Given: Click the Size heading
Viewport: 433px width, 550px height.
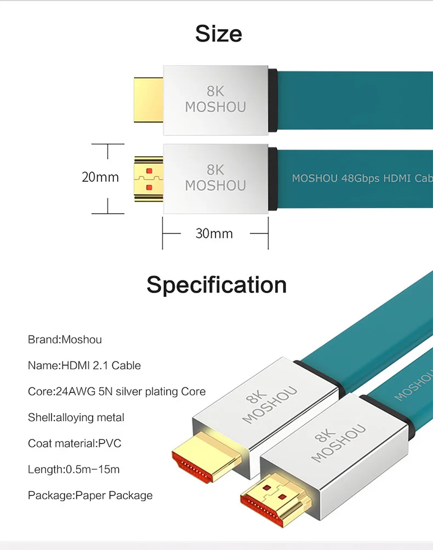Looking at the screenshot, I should pos(218,34).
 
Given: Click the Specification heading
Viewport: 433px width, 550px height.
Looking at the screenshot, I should pos(216,285).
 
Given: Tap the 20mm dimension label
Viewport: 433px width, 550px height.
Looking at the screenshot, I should pos(100,177).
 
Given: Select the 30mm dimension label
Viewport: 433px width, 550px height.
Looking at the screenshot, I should pos(214,234).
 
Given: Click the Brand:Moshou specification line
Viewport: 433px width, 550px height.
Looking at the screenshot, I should pos(65,340).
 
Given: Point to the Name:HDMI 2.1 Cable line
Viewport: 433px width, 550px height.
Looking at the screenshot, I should pos(84,365).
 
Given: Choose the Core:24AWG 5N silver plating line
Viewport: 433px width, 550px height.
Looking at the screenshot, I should pos(117,392).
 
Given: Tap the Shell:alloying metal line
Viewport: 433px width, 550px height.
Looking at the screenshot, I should pos(76,417).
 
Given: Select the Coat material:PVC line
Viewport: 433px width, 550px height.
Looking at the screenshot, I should pos(75,443).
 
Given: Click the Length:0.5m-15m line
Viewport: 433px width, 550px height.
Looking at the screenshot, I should pos(73,469).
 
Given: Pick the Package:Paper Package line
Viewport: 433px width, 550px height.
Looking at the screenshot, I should pos(90,495).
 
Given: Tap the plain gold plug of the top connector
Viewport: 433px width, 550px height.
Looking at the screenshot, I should pos(149,100).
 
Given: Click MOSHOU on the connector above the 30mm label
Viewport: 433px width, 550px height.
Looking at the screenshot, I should pos(215,186).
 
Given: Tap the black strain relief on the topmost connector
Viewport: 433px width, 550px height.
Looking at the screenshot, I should pos(272,100).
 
